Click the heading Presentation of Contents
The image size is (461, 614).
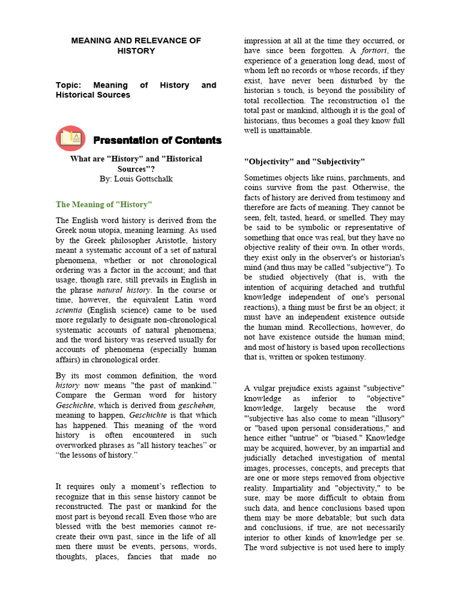[x=157, y=140]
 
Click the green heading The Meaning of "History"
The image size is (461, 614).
[x=104, y=204]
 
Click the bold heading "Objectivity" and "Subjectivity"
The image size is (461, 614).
[x=304, y=162]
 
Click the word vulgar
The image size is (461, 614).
[x=267, y=389]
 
